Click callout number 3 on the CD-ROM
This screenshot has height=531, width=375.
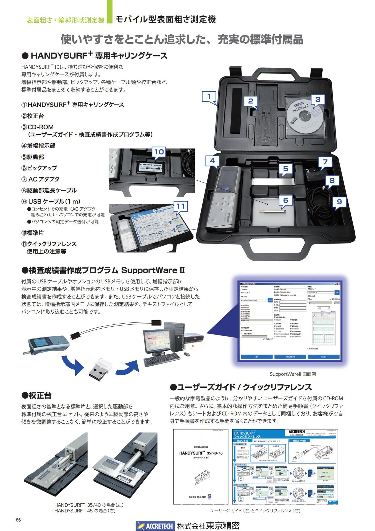coord(318,100)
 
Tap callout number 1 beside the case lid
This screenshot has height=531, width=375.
coord(209,97)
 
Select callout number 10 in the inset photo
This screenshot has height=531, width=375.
coord(159,152)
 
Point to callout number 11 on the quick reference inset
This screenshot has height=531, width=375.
coord(180,206)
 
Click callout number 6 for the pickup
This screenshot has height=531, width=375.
coord(285,200)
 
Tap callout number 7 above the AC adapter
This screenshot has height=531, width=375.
coord(325,162)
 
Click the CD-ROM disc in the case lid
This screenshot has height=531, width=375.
coord(304,116)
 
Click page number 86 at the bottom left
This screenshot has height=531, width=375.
coord(19,520)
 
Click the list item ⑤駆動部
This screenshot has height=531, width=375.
coord(33,157)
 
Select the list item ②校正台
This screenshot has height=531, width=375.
coord(33,116)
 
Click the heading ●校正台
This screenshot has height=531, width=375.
coord(36,395)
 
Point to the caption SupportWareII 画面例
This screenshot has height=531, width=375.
coord(292,374)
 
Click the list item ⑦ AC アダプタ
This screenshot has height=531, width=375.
coord(40,179)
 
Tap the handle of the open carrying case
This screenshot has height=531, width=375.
coord(279,73)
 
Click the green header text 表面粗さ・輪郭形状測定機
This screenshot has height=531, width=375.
coord(65,20)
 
